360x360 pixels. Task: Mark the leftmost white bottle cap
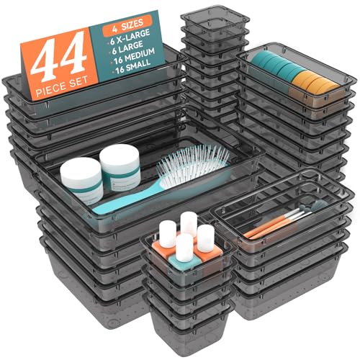coord(168,232)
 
